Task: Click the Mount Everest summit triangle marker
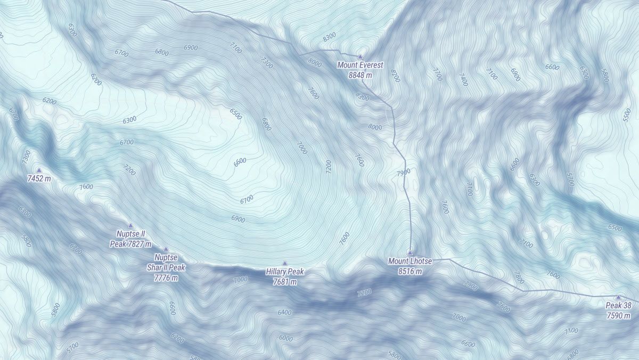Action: tap(360, 56)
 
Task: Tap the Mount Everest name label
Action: tap(361, 65)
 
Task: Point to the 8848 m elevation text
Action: tap(360, 75)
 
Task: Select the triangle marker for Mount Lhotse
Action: tap(410, 253)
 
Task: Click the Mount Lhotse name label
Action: tap(410, 261)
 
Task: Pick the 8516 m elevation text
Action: tap(410, 271)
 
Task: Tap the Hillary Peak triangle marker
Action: tap(284, 263)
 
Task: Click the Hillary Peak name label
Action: tap(285, 272)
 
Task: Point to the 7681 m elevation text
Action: tap(285, 282)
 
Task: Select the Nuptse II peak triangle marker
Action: tap(130, 225)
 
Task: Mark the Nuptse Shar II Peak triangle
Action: tap(166, 249)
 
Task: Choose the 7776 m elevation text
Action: tap(166, 277)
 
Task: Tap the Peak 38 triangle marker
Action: tap(618, 297)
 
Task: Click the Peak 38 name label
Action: tap(619, 306)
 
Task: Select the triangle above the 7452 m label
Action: tap(39, 170)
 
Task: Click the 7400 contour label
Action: tap(463, 80)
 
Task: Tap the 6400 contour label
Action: tap(284, 313)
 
